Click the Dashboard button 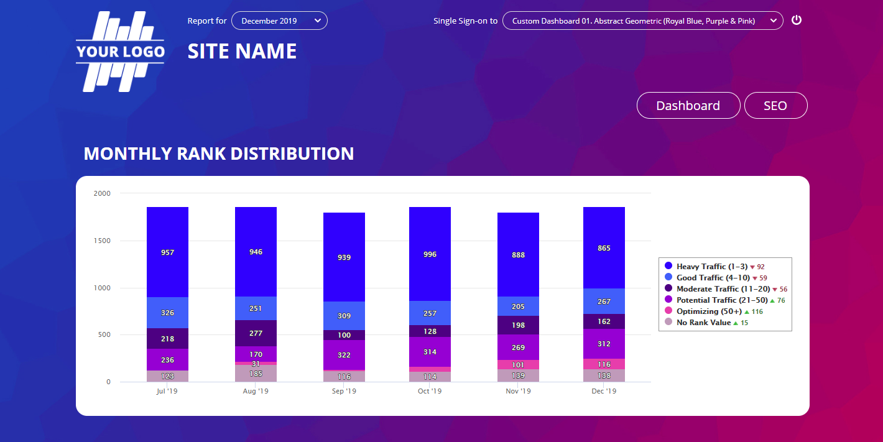(688, 106)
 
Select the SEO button (775, 106)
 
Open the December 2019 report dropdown (279, 21)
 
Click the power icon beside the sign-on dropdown (797, 20)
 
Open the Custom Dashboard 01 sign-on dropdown (642, 21)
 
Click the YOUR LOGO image (120, 52)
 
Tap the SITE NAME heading (242, 51)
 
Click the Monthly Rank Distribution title (219, 154)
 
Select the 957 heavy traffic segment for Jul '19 (167, 252)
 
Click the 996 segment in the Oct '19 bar (430, 254)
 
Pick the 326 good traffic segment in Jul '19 (167, 313)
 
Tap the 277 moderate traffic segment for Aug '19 (256, 333)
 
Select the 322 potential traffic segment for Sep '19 (344, 355)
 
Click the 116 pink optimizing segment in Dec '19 (604, 364)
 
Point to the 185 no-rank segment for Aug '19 (256, 374)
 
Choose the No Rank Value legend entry (703, 323)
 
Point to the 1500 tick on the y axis (102, 241)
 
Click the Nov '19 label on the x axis (518, 392)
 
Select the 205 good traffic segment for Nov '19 (518, 306)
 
